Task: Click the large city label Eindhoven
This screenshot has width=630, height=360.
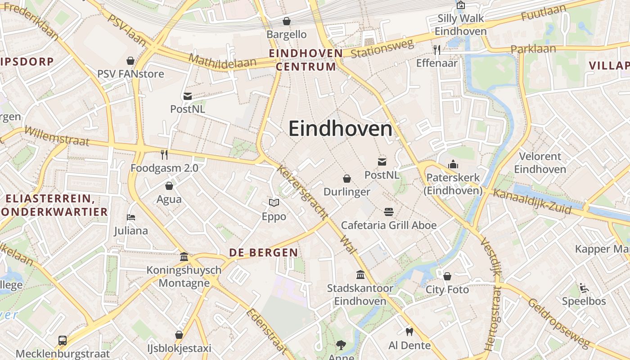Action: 341,129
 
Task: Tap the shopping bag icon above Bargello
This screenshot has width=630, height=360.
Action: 286,21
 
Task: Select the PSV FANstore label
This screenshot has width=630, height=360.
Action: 130,74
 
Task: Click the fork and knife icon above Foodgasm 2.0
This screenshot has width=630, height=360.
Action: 164,155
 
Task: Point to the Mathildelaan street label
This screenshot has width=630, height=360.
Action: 222,61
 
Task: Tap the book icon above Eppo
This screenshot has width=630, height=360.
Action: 274,203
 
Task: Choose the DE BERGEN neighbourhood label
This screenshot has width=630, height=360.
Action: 263,252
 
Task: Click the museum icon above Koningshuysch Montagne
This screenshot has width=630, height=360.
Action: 184,256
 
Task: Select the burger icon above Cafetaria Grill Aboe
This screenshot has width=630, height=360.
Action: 388,211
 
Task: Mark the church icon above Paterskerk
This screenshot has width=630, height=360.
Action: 453,164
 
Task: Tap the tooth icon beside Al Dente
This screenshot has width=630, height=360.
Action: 409,332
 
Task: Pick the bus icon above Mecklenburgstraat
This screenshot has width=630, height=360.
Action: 63,341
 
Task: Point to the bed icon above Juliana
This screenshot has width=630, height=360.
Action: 131,217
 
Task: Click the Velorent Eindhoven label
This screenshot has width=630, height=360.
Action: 540,163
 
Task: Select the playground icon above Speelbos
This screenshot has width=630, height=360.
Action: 584,288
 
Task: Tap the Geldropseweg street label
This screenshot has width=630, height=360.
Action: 558,323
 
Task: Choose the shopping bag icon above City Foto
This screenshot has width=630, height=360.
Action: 447,276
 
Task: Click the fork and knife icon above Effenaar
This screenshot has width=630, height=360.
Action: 436,49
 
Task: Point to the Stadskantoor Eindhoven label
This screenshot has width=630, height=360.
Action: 360,294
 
